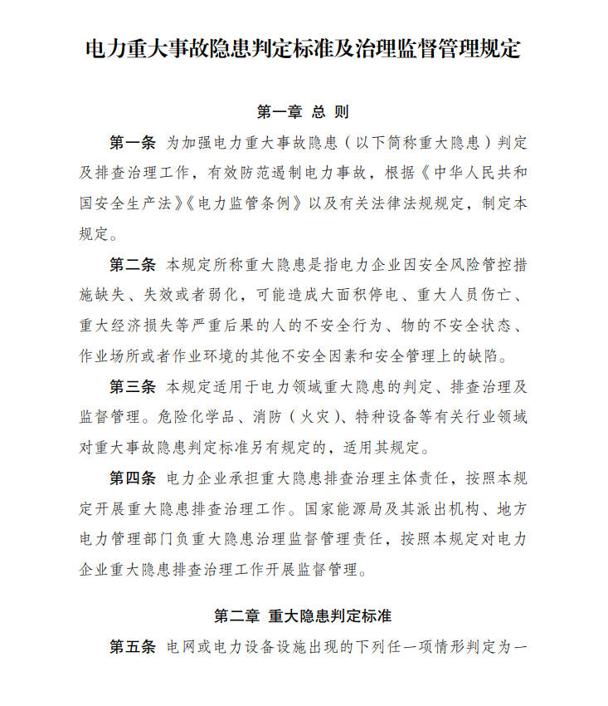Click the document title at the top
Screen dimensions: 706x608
coord(304,48)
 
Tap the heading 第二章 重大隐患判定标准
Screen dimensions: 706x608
coord(304,616)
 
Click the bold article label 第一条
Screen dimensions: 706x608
coord(133,142)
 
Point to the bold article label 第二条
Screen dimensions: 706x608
coord(133,266)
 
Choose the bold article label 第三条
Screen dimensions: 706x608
coord(133,386)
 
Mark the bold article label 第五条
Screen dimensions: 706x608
coord(133,646)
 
